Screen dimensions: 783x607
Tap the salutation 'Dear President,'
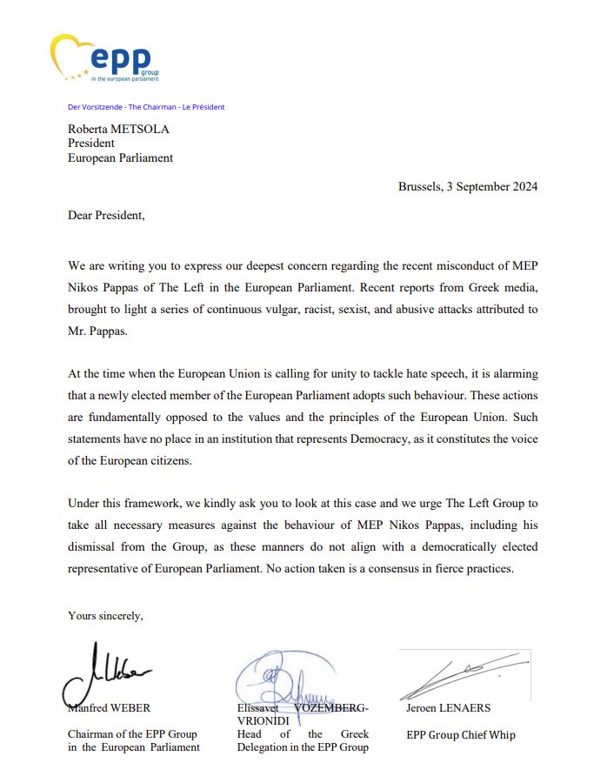point(106,216)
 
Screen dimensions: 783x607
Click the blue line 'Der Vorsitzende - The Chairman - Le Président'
point(146,107)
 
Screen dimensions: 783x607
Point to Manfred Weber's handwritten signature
point(109,672)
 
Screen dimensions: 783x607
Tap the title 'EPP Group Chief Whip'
point(461,735)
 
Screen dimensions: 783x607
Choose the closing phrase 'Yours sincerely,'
point(105,616)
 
